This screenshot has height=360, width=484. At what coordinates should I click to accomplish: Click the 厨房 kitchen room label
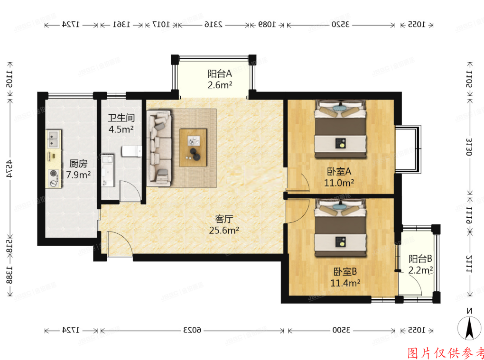(79, 169)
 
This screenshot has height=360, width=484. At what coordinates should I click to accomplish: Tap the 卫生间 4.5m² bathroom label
(121, 124)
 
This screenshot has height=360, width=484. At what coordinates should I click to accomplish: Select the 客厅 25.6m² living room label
(223, 224)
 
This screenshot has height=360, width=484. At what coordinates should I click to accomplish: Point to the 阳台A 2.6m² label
(220, 79)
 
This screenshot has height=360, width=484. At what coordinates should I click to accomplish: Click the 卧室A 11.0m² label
(339, 176)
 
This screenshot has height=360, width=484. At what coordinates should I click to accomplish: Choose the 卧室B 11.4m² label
(345, 277)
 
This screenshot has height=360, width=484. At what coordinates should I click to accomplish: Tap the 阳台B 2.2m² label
(420, 265)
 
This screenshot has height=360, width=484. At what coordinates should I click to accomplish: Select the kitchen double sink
(52, 138)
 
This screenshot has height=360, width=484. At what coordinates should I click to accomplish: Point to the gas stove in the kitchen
(53, 178)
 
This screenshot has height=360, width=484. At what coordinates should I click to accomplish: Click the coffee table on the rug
(193, 148)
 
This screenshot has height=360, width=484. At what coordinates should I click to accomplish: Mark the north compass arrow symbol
(469, 327)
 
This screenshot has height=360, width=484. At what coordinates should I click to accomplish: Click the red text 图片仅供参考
(446, 353)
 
